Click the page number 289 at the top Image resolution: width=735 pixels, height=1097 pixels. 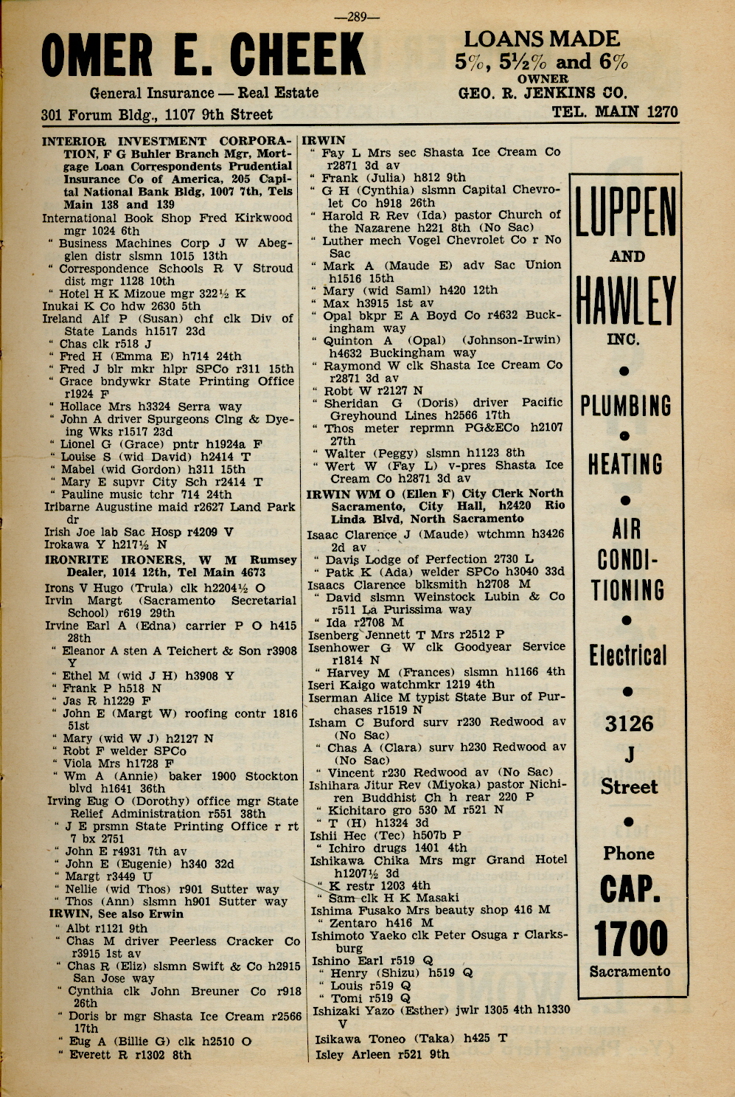(x=357, y=17)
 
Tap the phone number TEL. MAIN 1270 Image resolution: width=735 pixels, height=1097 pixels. (x=614, y=112)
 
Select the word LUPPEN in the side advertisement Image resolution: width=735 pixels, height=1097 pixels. (x=626, y=212)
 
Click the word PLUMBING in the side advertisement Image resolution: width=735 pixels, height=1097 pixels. (x=626, y=406)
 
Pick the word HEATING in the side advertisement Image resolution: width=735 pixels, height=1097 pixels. (x=625, y=465)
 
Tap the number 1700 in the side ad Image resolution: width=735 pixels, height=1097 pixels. (x=631, y=938)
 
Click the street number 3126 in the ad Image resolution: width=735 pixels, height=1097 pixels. (x=629, y=724)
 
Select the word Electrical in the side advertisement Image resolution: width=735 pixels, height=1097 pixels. (x=627, y=656)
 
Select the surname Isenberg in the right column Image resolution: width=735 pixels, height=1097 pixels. (x=332, y=634)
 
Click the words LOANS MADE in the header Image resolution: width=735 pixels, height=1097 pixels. (x=542, y=38)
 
